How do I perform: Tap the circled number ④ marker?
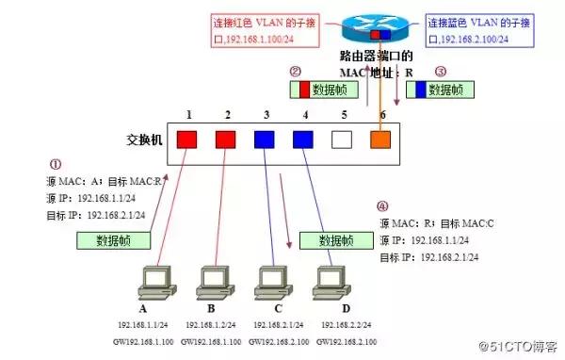pyautogui.click(x=381, y=206)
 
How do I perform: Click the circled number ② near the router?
pyautogui.click(x=295, y=71)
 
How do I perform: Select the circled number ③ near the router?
pyautogui.click(x=440, y=71)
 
